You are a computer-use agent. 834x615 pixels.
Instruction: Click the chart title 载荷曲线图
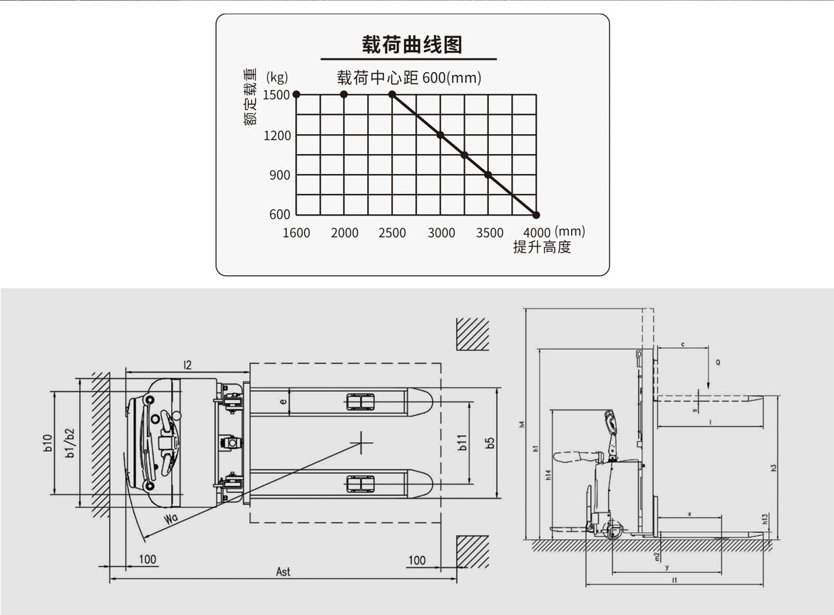click(x=412, y=44)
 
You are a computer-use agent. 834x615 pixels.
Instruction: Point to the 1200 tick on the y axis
click(x=277, y=136)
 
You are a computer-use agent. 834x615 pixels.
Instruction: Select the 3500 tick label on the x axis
click(x=489, y=233)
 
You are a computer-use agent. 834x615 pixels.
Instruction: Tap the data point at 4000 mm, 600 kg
click(x=537, y=215)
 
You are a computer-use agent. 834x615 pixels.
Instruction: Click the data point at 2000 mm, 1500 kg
click(x=344, y=94)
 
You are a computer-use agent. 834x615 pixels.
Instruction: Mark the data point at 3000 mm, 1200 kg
click(x=441, y=135)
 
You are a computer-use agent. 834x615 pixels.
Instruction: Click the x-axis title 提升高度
click(x=542, y=248)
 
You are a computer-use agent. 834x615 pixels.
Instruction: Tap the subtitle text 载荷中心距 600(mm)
click(x=409, y=77)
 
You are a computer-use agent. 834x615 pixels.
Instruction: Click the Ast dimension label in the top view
click(x=283, y=571)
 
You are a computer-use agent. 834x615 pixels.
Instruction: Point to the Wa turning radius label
click(x=170, y=519)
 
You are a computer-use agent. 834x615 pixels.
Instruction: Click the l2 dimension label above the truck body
click(x=187, y=365)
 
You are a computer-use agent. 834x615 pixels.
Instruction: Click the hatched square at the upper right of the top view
click(x=472, y=333)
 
